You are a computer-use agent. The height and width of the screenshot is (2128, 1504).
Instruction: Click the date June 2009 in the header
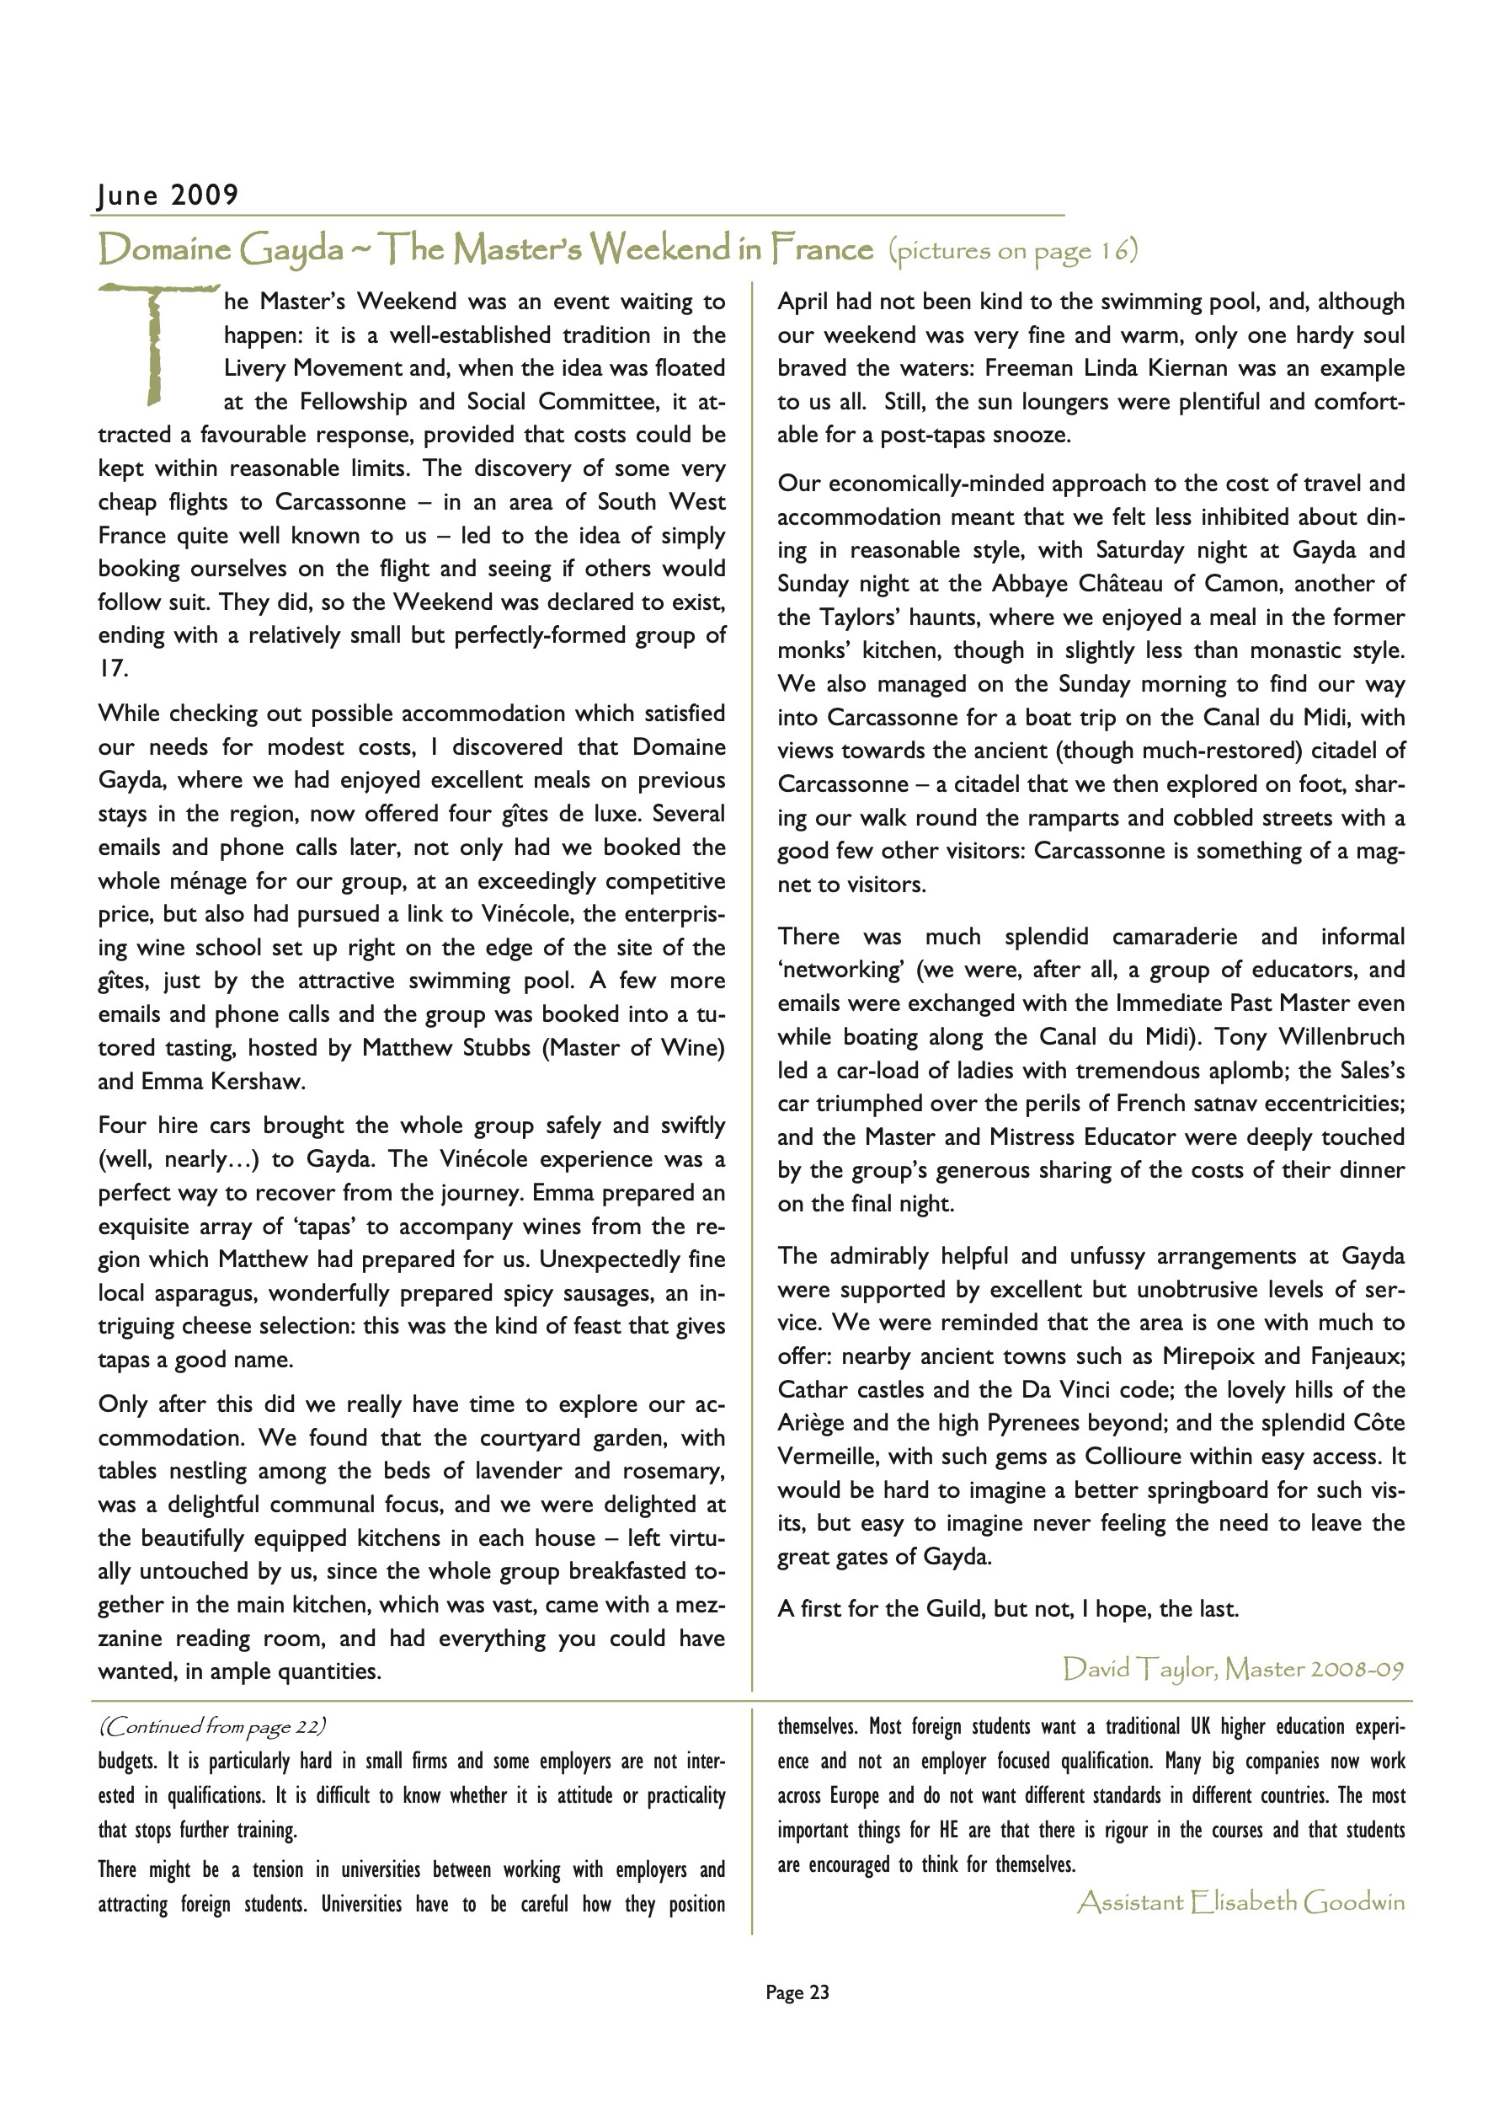(168, 195)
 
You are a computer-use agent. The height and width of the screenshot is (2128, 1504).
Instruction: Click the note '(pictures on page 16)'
(1012, 250)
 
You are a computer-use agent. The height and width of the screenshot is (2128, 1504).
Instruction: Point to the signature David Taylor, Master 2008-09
(1233, 1669)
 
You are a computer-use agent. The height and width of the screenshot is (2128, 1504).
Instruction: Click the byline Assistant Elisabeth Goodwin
(1240, 1903)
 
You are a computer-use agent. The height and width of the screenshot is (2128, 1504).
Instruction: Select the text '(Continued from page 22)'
(212, 1726)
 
